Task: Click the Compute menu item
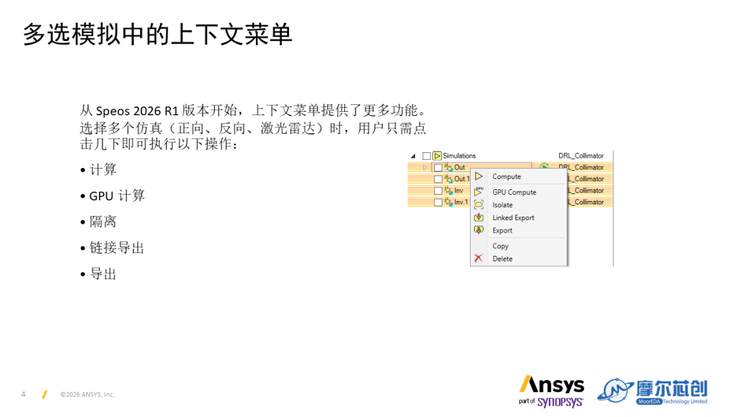tap(506, 177)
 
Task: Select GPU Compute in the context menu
tap(514, 192)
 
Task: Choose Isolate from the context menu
tap(502, 205)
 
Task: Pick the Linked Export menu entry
tap(513, 217)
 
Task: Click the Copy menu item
tap(500, 246)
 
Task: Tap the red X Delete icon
tap(479, 259)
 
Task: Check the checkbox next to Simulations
tap(427, 156)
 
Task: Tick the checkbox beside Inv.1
tap(438, 202)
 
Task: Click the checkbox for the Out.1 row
tap(438, 179)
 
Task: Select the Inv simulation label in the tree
tap(458, 190)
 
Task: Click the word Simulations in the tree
tap(459, 156)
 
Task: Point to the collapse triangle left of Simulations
tap(414, 156)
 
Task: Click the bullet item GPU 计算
tap(117, 195)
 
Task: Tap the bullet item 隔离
tap(102, 222)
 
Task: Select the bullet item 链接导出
tap(117, 248)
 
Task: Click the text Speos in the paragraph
tap(113, 111)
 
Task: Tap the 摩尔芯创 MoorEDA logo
tap(652, 392)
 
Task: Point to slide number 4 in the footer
tap(23, 394)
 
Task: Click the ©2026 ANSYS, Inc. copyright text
tap(87, 394)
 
